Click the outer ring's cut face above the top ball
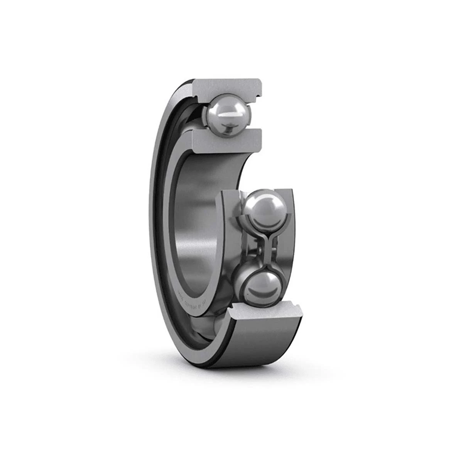point(228,87)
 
